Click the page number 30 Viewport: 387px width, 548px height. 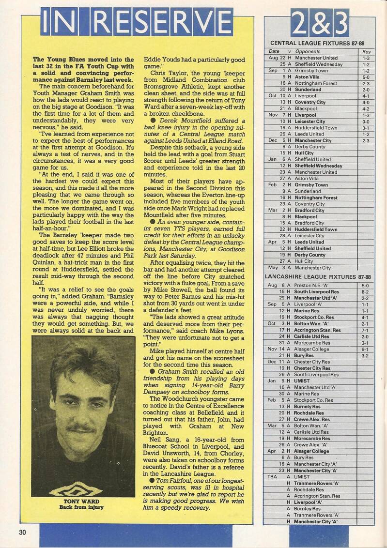point(22,532)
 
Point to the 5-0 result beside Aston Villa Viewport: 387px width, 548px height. point(366,77)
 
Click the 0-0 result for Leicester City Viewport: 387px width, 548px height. point(366,122)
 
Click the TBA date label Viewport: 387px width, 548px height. point(272,476)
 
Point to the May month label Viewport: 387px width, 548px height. point(273,268)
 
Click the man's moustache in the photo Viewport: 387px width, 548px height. point(81,429)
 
